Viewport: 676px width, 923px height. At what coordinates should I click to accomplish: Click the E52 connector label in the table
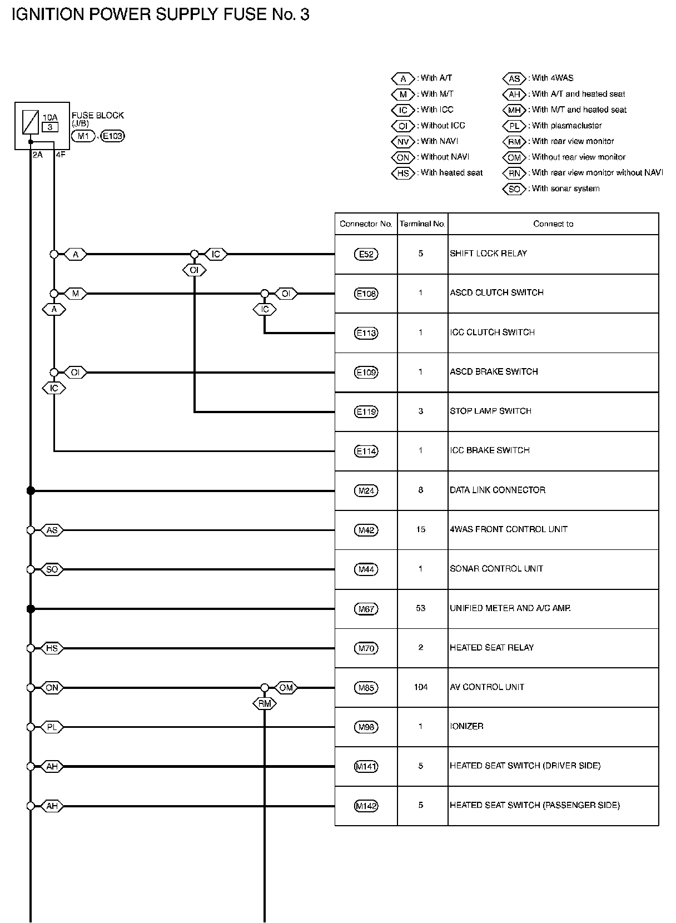tap(366, 254)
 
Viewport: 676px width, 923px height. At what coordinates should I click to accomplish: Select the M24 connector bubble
tap(366, 490)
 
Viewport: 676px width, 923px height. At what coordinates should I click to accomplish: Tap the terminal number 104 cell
tap(421, 687)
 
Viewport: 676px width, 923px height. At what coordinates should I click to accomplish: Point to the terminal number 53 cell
tap(421, 608)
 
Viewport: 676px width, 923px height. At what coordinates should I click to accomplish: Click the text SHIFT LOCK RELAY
tap(488, 254)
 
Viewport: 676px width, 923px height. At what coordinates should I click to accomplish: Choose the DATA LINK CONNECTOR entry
tap(498, 490)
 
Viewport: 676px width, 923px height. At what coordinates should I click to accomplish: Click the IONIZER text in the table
tap(466, 726)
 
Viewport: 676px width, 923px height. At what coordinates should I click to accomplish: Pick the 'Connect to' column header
tap(553, 224)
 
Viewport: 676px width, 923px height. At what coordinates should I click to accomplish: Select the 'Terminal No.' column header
tap(422, 224)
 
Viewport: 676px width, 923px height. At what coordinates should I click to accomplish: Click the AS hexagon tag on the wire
tap(52, 530)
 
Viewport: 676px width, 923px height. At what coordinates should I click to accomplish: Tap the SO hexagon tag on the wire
tap(52, 569)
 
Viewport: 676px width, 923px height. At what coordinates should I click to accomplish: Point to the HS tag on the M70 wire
tap(52, 648)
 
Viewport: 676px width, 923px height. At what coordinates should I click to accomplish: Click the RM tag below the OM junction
tap(265, 704)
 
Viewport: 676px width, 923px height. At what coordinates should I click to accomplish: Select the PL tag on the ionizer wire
tap(52, 727)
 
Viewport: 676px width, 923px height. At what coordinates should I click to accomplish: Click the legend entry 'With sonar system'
tap(565, 188)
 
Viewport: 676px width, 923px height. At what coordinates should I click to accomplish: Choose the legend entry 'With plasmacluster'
tap(566, 126)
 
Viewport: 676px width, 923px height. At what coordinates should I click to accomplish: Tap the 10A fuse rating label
tap(50, 117)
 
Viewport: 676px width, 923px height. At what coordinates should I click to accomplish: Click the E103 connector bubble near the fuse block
tap(113, 136)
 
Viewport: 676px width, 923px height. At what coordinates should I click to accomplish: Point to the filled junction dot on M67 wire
tap(31, 609)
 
